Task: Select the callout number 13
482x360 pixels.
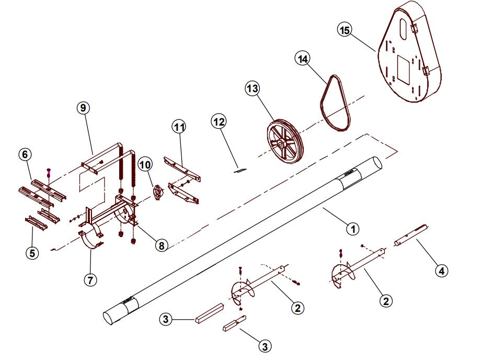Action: tap(253, 89)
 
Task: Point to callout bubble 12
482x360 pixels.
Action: tap(219, 121)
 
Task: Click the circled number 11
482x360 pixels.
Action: tap(179, 127)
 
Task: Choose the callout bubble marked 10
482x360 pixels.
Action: tap(145, 165)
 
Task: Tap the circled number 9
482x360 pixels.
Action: tap(83, 108)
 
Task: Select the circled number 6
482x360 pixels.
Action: tap(25, 154)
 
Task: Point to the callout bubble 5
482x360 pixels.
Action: tap(32, 252)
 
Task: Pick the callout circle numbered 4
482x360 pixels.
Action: tap(442, 271)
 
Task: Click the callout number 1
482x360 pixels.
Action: tap(353, 228)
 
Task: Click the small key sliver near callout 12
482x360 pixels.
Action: tap(239, 169)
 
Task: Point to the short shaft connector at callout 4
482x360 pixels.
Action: tap(412, 235)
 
